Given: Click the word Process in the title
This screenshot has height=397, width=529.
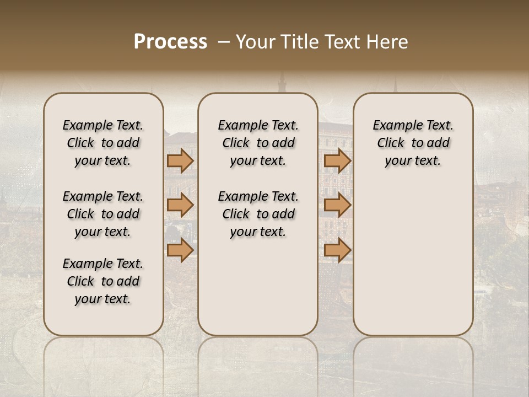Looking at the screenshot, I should tap(170, 42).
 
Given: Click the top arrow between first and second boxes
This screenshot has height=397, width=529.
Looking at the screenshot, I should tap(180, 160).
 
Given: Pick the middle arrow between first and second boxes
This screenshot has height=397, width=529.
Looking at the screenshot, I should tap(180, 205).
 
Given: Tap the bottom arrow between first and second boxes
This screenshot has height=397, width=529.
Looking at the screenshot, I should tap(180, 250).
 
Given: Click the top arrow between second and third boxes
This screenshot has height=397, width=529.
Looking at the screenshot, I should tap(337, 160).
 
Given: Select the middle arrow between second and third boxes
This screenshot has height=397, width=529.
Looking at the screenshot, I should tap(337, 205).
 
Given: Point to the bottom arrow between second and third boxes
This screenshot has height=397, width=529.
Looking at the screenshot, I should tap(337, 250).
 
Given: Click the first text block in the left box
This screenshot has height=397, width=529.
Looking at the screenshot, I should tap(103, 143).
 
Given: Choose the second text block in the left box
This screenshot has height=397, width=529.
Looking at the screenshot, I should tap(103, 214).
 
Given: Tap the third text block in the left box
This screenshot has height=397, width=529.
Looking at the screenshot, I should tap(103, 281).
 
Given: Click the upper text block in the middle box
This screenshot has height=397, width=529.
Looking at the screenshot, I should tap(258, 143).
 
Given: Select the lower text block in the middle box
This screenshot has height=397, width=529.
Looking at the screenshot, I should tap(258, 214).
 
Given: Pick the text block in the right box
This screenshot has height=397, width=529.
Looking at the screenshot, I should tap(413, 143).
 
